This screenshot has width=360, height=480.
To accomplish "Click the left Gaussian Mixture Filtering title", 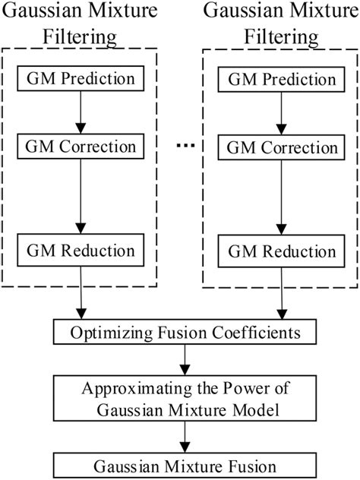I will [x=80, y=23].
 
